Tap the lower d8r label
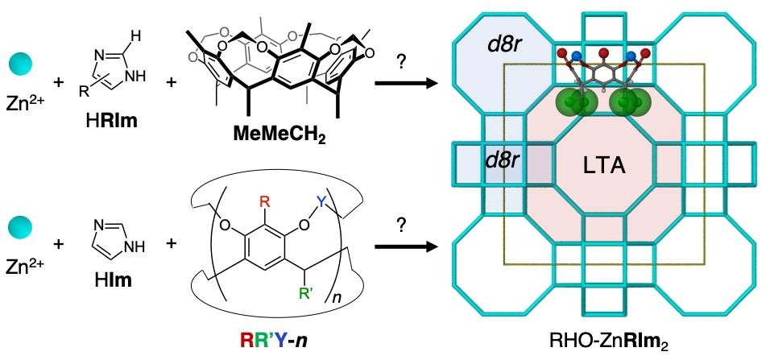tap(502, 159)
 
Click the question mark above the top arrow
tap(399, 62)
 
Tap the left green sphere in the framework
tap(570, 103)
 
